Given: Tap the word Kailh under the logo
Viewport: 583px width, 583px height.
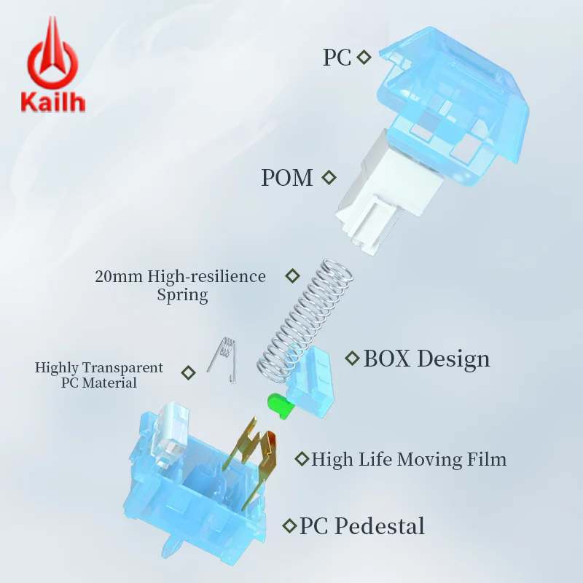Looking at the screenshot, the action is coord(52,101).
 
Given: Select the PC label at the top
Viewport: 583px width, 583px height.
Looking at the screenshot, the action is coord(337,58).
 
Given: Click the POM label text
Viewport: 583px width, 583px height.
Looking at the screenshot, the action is coord(286,177).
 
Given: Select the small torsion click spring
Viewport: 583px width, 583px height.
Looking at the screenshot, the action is coord(223,358).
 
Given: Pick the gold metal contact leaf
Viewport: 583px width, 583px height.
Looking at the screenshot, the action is coord(253,459).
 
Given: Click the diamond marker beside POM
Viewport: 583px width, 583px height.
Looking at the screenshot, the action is coord(329,177).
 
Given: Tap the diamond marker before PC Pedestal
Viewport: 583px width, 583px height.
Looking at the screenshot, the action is coord(289,525).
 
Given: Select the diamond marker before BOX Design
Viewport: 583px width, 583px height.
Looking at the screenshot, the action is coord(352,359).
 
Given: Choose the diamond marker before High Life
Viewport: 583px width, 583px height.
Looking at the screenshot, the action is coord(302,459).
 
